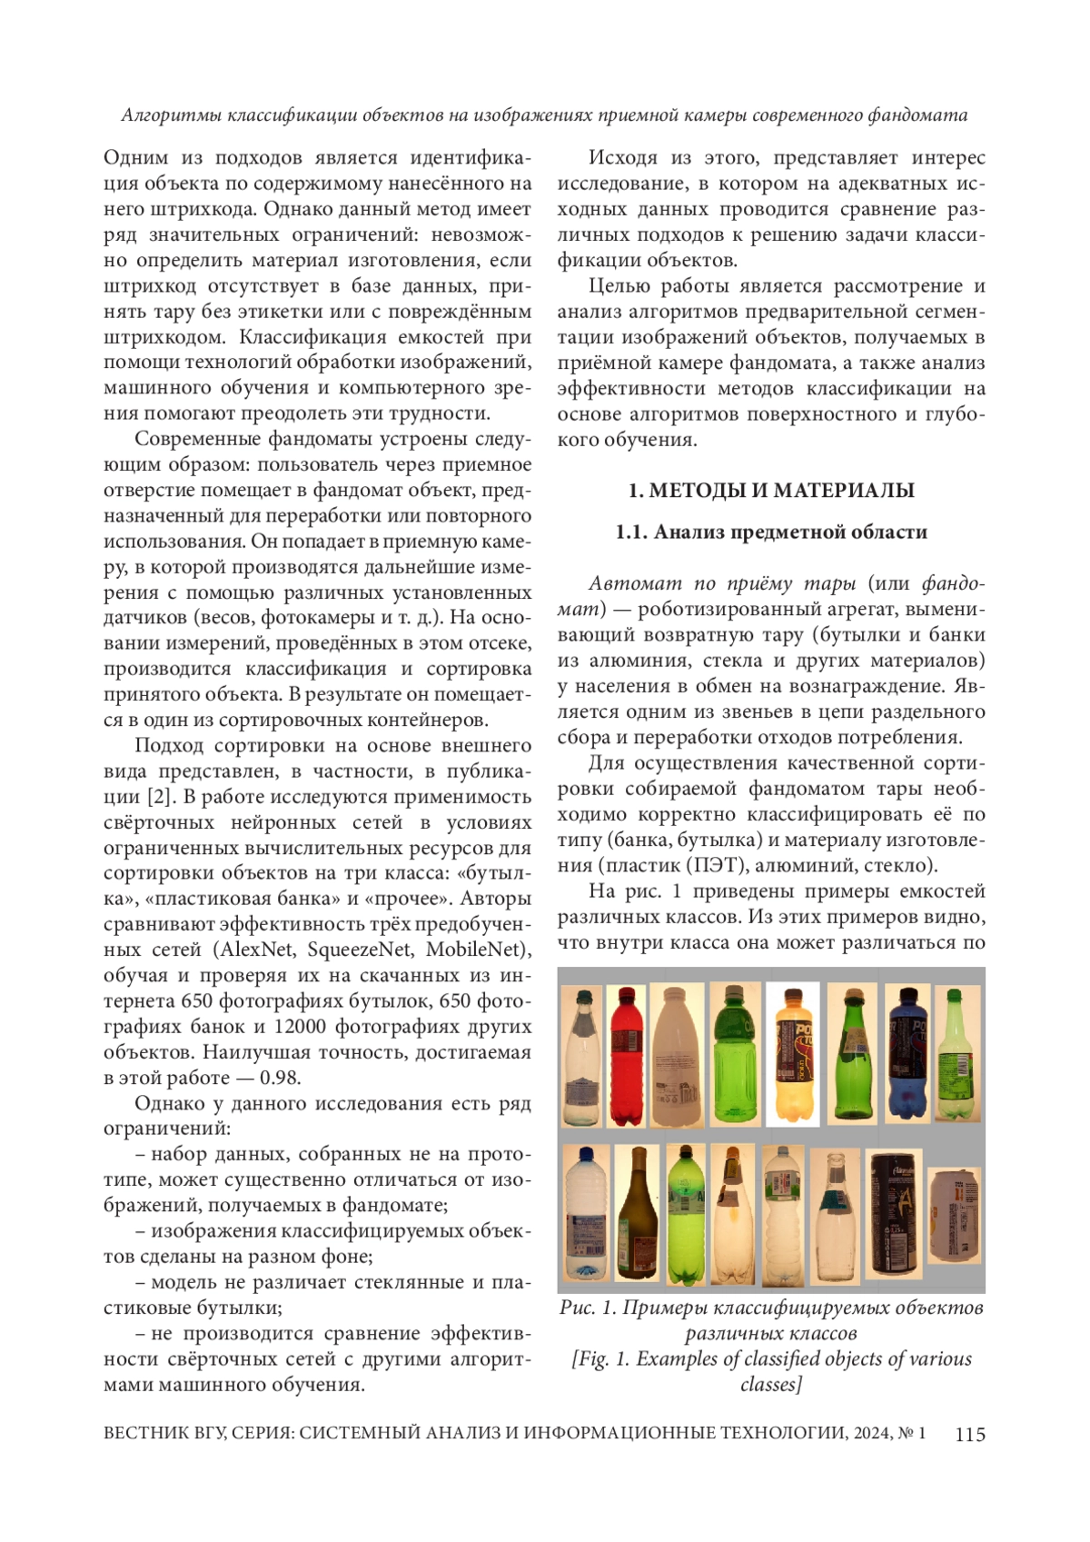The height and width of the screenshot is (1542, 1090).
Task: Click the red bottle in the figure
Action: tap(626, 1054)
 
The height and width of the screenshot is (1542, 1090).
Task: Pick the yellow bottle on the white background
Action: tap(793, 1054)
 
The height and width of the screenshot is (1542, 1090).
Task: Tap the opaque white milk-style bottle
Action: tap(677, 1054)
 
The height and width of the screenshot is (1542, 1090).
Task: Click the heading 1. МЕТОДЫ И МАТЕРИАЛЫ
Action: tap(771, 491)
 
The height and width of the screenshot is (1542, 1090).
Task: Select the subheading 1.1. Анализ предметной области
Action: tap(771, 532)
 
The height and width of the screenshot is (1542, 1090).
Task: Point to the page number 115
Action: tap(970, 1434)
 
